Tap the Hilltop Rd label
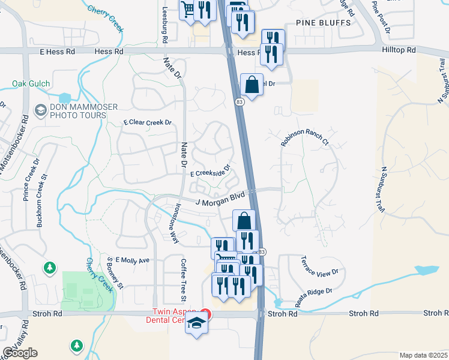(x=399, y=51)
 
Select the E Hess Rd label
(x=57, y=52)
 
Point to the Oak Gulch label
(x=31, y=84)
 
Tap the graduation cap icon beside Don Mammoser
(x=41, y=109)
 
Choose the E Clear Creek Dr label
(x=148, y=122)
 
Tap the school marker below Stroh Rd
(x=196, y=325)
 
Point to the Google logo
(x=20, y=353)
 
